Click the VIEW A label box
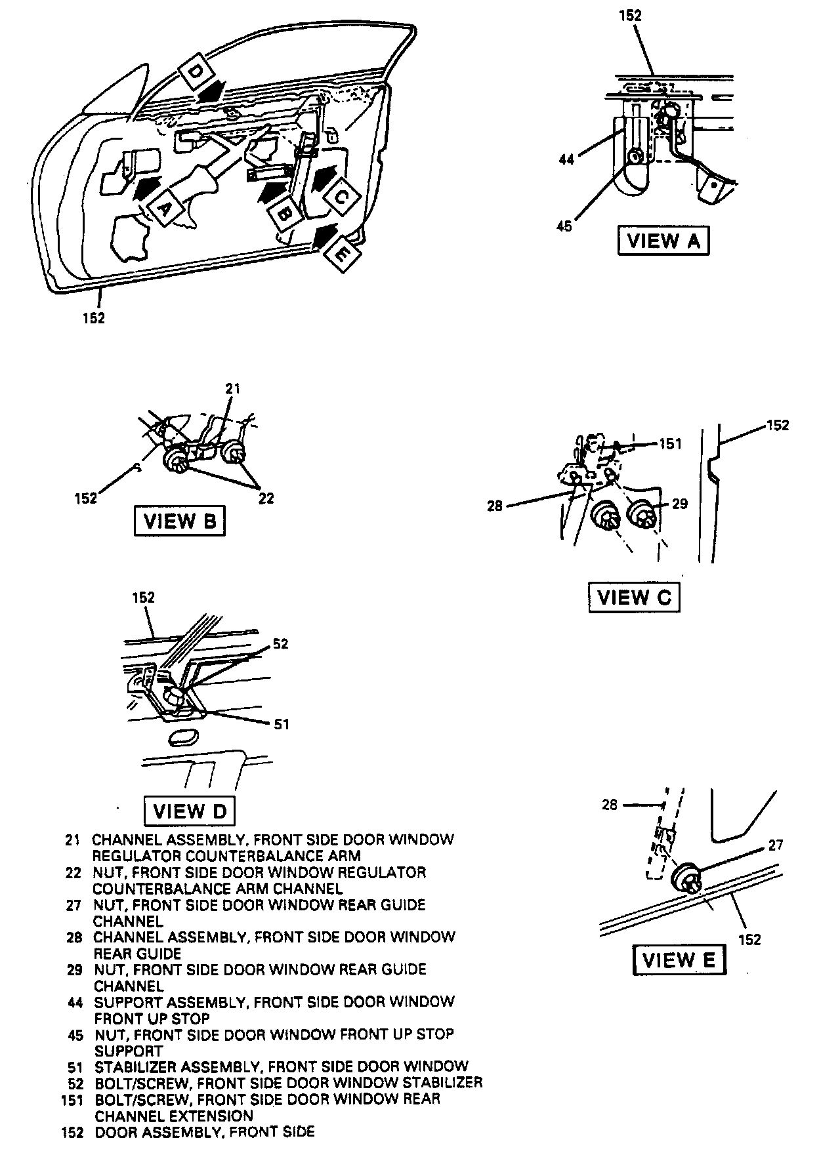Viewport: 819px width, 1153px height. tap(663, 241)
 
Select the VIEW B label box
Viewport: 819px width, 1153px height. tap(179, 521)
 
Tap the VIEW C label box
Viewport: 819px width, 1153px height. tap(633, 597)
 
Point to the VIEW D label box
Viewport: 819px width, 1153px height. tap(189, 811)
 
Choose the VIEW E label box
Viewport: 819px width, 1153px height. tap(679, 961)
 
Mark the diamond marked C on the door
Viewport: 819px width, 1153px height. tap(341, 197)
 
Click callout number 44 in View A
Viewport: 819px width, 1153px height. tap(566, 159)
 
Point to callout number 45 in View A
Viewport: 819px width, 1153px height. tap(564, 226)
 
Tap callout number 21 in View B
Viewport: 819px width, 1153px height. tap(232, 389)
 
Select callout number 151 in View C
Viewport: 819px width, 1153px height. tap(670, 444)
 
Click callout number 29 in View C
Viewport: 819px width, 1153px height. tap(680, 504)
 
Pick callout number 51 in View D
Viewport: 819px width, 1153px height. tap(281, 724)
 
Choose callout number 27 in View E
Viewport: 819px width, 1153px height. tap(776, 845)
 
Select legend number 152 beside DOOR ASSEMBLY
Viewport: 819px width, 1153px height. tap(72, 1132)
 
